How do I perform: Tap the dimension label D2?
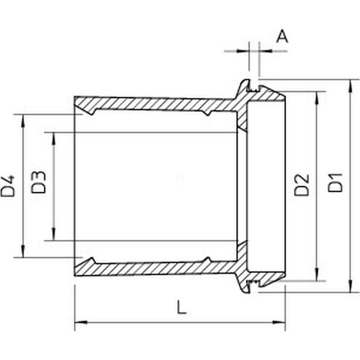click(302, 184)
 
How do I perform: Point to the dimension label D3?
click(39, 182)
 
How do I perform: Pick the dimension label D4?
click(8, 186)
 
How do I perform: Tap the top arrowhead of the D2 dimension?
click(318, 97)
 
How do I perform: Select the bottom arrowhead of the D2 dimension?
click(318, 275)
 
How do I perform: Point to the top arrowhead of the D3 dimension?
click(54, 137)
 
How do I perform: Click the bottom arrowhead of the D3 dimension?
click(54, 235)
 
